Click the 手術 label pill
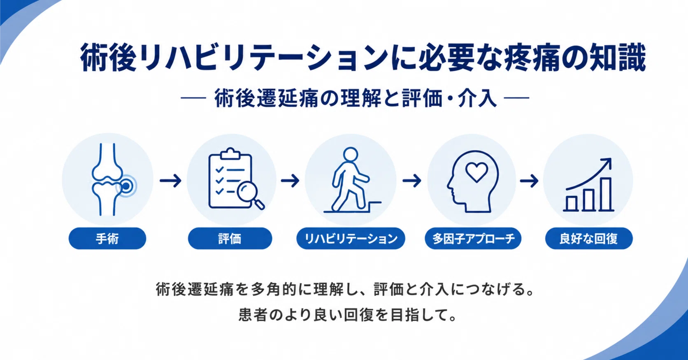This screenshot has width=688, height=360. pos(107,238)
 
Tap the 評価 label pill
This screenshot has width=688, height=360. pos(230,238)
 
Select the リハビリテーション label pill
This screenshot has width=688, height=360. pos(351,238)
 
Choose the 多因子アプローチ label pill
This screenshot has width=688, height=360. pos(473,238)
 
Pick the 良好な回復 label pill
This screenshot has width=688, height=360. pos(589,238)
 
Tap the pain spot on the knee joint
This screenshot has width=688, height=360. pos(126,186)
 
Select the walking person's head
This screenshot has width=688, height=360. pos(351,155)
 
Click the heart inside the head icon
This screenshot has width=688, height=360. pos(476,172)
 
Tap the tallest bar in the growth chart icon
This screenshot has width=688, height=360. pos(606,194)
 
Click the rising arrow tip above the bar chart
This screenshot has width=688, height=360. pos(610,159)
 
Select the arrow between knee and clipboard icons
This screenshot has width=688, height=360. pos(170,180)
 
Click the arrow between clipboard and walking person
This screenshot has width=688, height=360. pos(290,180)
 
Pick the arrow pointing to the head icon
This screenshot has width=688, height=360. pos(411,180)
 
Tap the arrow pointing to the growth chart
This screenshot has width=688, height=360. pos(529,180)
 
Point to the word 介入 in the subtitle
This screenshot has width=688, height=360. pos(477,98)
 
